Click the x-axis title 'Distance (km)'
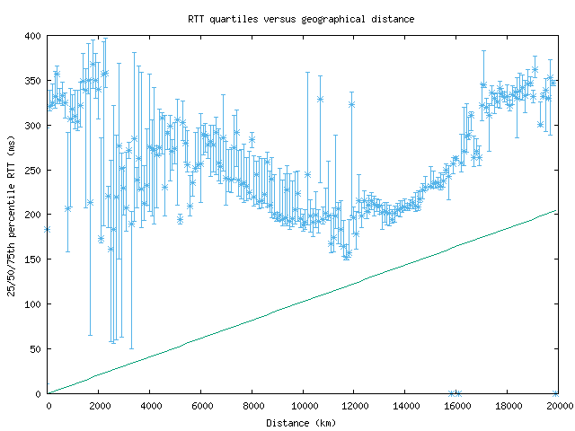coord(301,422)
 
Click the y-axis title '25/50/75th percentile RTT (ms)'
coord(12,215)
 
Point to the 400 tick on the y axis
coord(32,36)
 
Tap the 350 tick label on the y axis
coord(32,81)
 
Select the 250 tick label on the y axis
coord(32,170)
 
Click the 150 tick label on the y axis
coord(32,259)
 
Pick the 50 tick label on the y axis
coord(35,348)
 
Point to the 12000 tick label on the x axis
coord(354,406)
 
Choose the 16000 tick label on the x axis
coord(456,406)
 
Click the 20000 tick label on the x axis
coord(558,406)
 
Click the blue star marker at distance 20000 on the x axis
coord(556,393)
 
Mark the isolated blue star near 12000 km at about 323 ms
coord(351,104)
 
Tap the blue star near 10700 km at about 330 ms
coord(321,99)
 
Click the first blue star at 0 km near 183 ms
coord(47,230)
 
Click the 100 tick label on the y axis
coord(32,304)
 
